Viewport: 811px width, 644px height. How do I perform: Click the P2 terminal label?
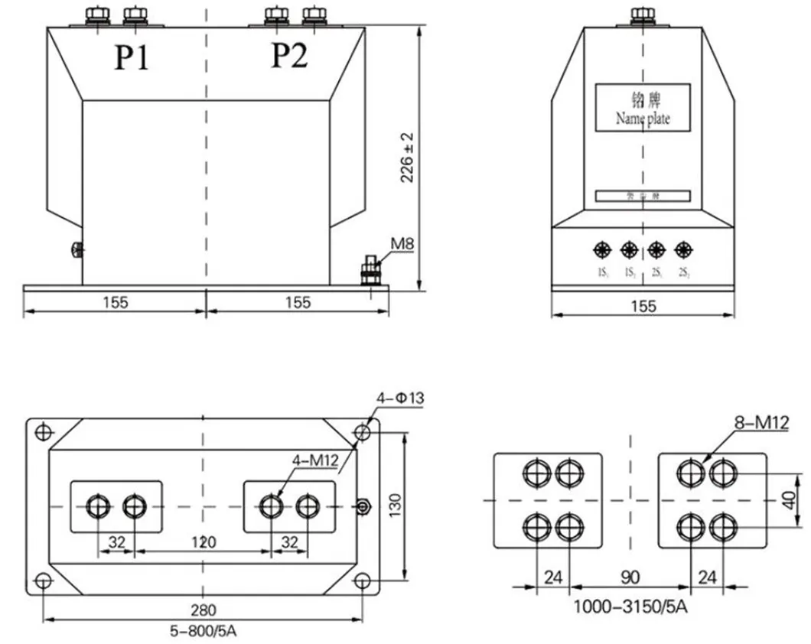(289, 56)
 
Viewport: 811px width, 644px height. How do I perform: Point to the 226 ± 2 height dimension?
(407, 158)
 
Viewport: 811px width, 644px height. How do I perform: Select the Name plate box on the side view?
(643, 108)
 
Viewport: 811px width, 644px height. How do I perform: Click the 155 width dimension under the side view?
(643, 306)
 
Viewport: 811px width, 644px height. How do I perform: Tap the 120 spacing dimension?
(204, 542)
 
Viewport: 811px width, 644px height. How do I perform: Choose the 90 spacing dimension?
(630, 577)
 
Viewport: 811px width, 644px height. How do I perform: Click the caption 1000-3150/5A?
(631, 608)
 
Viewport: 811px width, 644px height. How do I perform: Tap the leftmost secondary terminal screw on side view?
(601, 249)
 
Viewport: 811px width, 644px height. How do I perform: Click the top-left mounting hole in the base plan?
(44, 433)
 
